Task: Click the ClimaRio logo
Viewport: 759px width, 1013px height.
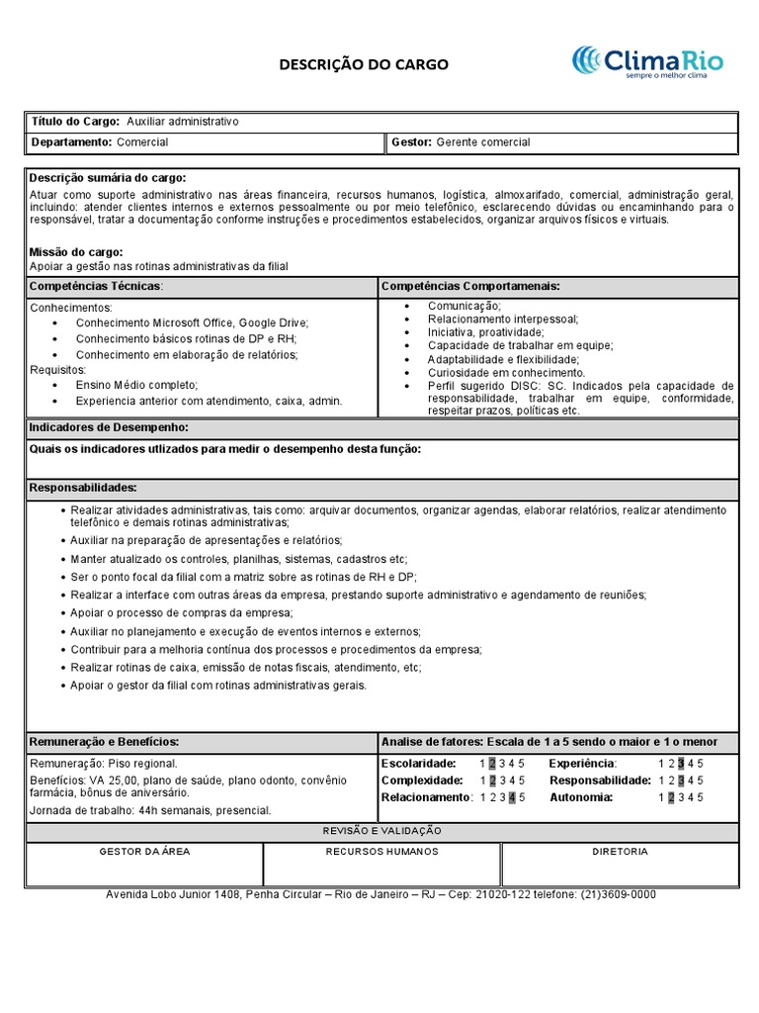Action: pyautogui.click(x=647, y=61)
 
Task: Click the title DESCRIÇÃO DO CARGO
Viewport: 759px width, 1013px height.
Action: pyautogui.click(x=363, y=64)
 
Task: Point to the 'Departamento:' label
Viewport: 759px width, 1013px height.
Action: pyautogui.click(x=71, y=142)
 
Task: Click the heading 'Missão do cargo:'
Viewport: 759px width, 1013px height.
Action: pyautogui.click(x=76, y=252)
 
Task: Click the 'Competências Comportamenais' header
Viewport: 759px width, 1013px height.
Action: pyautogui.click(x=470, y=286)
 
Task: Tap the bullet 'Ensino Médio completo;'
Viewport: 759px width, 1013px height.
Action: pyautogui.click(x=136, y=385)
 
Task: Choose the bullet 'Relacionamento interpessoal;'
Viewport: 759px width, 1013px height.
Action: pyautogui.click(x=503, y=320)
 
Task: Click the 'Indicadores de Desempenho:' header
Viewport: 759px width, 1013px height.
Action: pyautogui.click(x=109, y=427)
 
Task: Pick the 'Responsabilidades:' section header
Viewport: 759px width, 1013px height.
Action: pyautogui.click(x=83, y=488)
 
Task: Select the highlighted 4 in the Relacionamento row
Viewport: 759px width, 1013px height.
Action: pyautogui.click(x=511, y=797)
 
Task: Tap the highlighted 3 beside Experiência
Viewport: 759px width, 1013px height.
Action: pyautogui.click(x=681, y=764)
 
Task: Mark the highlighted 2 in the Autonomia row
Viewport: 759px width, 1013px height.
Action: pyautogui.click(x=671, y=797)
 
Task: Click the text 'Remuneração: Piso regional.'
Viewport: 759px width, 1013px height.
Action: pyautogui.click(x=104, y=764)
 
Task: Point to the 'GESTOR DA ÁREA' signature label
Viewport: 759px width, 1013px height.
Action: pyautogui.click(x=144, y=852)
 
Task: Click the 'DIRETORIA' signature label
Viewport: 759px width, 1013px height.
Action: pyautogui.click(x=621, y=852)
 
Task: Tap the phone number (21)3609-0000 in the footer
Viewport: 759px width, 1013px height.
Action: pyautogui.click(x=618, y=894)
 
